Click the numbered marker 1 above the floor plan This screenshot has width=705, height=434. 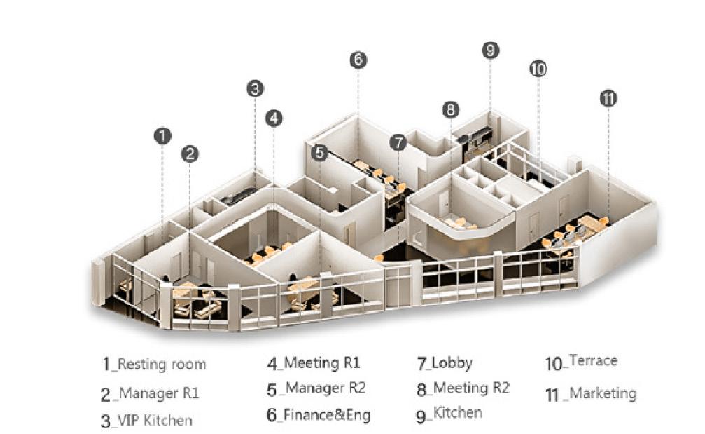pos(162,135)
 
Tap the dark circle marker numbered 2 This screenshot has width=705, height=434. pos(190,154)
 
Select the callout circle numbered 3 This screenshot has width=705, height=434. pos(255,88)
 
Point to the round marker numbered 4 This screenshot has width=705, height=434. pos(274,118)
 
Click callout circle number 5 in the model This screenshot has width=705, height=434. pos(320,152)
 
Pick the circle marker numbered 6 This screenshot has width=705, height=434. pos(358,60)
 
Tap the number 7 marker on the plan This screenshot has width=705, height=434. pos(398,142)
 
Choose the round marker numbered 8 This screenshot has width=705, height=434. pos(451,109)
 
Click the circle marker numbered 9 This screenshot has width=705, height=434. pos(490,50)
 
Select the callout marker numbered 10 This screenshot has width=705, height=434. pos(538,69)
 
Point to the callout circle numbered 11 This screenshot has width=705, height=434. pos(608,99)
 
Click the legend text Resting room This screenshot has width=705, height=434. pos(161,364)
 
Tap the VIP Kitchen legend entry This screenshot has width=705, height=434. pos(154,421)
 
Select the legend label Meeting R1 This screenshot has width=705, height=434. pos(321,363)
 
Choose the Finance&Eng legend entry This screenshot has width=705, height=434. pos(326,415)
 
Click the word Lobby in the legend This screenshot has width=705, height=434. pos(452,363)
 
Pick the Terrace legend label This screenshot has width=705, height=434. pos(593,361)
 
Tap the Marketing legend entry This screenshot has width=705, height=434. pos(602,393)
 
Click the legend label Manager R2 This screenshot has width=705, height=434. pos(325,388)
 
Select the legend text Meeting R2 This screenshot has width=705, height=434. pos(471,388)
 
